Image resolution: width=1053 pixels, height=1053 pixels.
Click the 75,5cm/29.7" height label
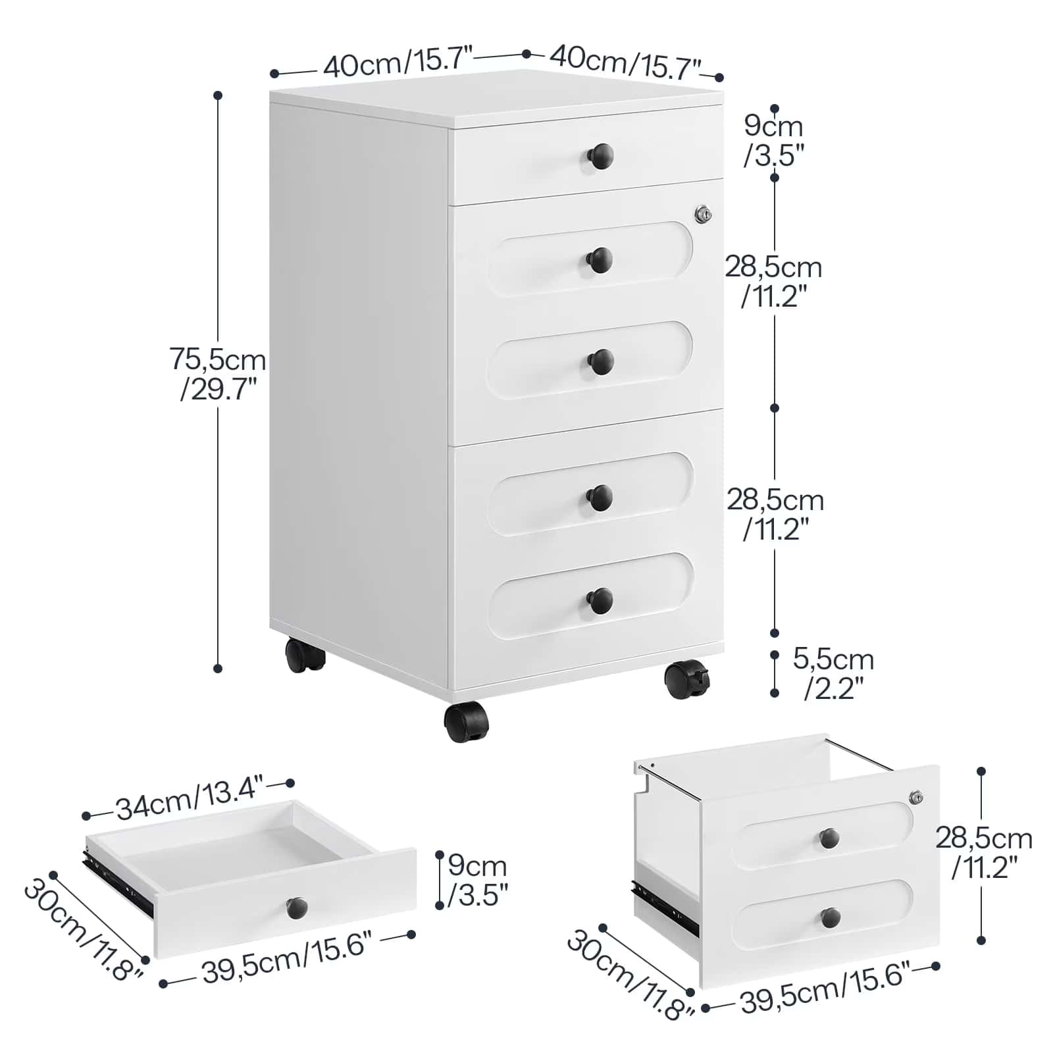pos(218,374)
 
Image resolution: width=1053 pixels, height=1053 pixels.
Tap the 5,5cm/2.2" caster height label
pos(833,673)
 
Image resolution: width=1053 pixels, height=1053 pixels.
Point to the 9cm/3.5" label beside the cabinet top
pos(774,141)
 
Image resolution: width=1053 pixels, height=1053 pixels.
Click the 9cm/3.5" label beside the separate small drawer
pos(477,880)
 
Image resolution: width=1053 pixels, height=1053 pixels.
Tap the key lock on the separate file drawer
pos(916,797)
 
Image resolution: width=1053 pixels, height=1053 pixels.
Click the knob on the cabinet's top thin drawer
pos(600,157)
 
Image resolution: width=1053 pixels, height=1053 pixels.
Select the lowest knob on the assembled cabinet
pos(600,601)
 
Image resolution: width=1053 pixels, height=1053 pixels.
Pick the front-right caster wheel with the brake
pos(687,679)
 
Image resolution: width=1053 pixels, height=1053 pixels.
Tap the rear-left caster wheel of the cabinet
pos(305,655)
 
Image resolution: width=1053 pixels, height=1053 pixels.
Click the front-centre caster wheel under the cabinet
pos(466,721)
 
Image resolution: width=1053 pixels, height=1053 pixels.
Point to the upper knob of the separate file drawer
pos(829,838)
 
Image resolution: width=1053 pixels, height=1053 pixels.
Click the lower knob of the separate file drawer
pos(831,917)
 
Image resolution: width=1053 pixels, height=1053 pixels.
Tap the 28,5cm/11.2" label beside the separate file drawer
pos(984,852)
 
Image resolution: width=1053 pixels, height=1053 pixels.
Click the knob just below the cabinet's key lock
pos(600,260)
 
